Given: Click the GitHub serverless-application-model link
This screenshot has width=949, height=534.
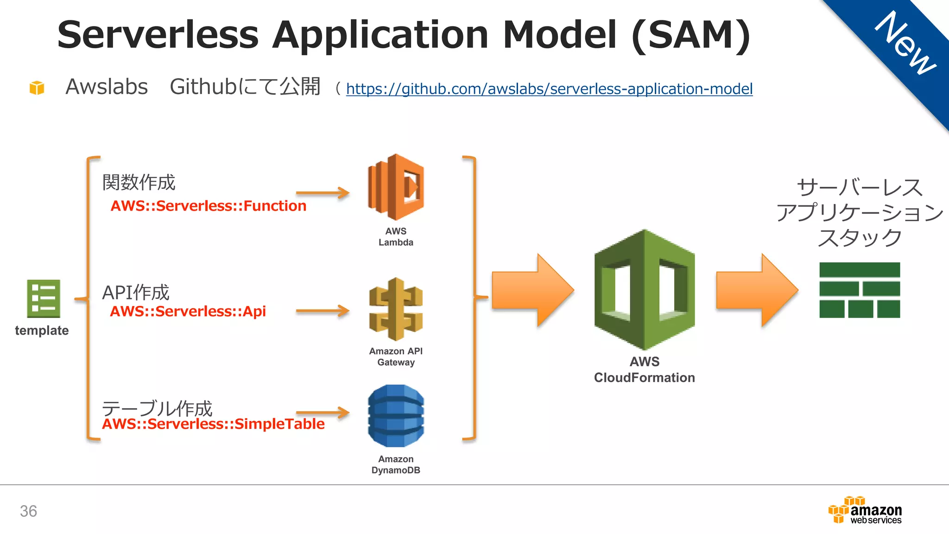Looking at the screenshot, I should coord(549,89).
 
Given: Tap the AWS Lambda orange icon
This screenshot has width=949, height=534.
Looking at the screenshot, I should coord(396,187).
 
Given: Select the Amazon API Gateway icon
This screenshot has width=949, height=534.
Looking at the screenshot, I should coord(396,309).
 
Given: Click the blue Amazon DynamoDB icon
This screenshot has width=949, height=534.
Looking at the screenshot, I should coord(396,416).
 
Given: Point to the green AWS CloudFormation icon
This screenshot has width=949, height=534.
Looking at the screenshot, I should coord(644,290).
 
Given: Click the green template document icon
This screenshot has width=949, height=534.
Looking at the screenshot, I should coord(44,299).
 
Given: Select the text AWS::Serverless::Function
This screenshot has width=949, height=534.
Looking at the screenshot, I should coord(209,206).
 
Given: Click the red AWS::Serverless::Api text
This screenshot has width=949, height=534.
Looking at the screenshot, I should coord(188,311).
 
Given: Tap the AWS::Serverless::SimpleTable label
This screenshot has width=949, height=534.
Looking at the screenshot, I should coord(213,424).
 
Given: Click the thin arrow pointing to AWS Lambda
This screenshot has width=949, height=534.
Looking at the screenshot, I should coord(323,193).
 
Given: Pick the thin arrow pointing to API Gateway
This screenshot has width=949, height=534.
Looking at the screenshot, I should coord(323,311).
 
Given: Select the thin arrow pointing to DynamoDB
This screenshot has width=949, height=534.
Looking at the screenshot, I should coord(323,412).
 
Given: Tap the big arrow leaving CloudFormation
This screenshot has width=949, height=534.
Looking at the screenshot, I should coord(757,291).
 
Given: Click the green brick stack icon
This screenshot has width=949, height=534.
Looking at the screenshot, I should coord(860,290).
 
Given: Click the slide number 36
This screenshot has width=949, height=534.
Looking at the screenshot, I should coord(28,511).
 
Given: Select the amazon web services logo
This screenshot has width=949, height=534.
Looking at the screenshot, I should coord(865,510).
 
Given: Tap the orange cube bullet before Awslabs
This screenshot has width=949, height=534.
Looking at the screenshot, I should coord(37,87).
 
